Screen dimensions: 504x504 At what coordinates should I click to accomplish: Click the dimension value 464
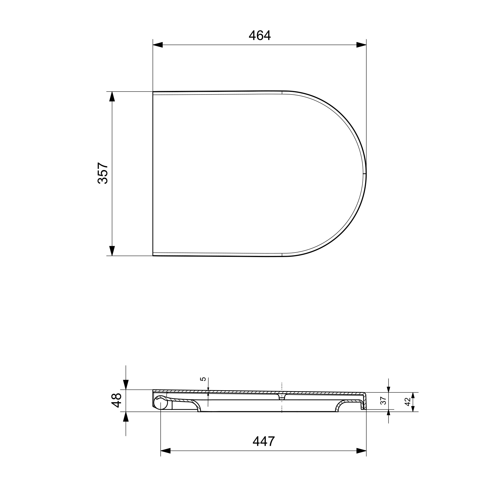click(x=260, y=36)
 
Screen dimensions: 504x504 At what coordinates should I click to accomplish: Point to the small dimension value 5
click(x=203, y=379)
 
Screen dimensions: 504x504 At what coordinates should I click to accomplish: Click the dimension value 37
click(x=383, y=401)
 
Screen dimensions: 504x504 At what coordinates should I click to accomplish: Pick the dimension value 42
click(x=407, y=402)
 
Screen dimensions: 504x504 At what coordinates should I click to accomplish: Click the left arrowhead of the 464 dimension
click(x=157, y=45)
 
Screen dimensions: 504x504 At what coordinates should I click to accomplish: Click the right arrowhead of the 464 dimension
click(x=362, y=45)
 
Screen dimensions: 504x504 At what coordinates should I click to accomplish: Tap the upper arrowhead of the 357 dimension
click(x=112, y=96)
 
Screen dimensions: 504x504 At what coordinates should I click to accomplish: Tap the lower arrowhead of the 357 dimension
click(x=112, y=251)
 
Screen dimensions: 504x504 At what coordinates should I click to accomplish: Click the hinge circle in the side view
click(x=161, y=403)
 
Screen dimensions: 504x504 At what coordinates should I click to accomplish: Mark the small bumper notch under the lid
click(x=282, y=397)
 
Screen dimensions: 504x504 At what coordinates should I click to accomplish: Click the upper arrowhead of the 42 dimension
click(x=413, y=395)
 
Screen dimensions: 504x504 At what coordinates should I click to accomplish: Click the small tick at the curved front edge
click(x=364, y=173)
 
